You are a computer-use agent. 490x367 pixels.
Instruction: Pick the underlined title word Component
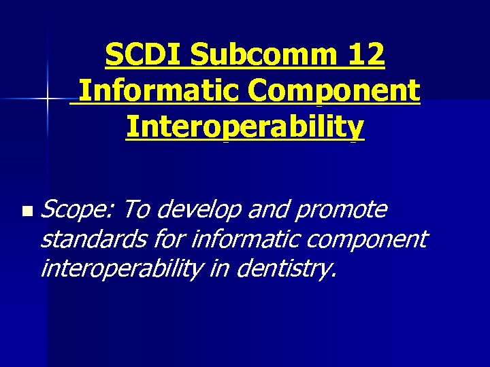click(329, 91)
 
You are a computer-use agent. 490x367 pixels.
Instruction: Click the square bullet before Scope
click(26, 213)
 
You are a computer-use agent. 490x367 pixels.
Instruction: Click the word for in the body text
click(169, 239)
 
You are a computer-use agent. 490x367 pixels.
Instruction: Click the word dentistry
click(285, 269)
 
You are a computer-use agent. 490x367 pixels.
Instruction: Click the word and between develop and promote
click(267, 211)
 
